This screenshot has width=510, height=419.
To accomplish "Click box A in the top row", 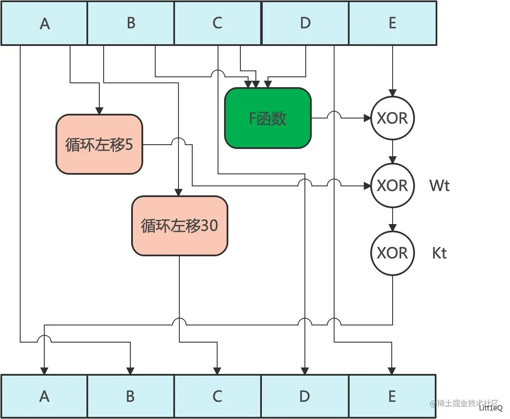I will [x=44, y=23].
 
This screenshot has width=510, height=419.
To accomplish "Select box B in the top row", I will [x=131, y=23].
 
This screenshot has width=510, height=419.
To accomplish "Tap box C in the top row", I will [x=218, y=23].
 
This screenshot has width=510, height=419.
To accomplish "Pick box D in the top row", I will [x=305, y=23].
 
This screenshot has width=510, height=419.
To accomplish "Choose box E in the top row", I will [x=392, y=23].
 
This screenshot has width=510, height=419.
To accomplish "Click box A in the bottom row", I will [x=44, y=396].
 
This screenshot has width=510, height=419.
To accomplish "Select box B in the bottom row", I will [x=131, y=396].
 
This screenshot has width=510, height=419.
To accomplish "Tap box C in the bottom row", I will [x=218, y=396].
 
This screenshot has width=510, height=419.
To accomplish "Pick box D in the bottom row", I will [x=304, y=396].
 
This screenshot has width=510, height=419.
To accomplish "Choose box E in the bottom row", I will [x=392, y=396].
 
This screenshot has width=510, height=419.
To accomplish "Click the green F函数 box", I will [x=267, y=118].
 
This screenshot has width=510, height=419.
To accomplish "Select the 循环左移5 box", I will [x=99, y=145].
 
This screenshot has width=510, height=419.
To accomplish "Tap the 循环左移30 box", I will [x=179, y=226].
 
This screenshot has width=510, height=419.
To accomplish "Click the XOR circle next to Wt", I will [x=392, y=185].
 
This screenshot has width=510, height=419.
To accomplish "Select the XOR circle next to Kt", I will [x=392, y=253].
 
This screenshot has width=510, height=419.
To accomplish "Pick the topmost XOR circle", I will [x=392, y=118].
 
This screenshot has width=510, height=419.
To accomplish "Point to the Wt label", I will [x=439, y=185].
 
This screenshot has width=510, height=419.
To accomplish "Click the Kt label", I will [x=439, y=253].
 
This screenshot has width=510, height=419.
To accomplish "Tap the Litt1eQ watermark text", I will [x=491, y=408].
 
